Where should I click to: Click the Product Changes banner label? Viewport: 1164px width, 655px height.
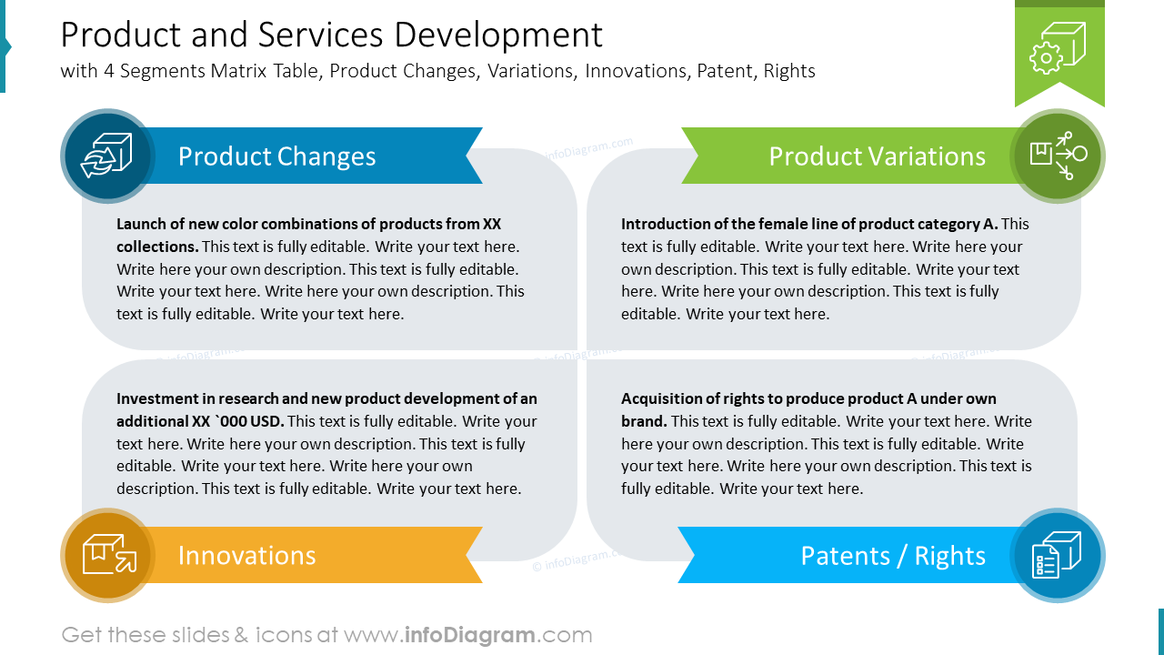276,156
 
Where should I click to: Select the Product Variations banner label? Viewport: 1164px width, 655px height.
877,156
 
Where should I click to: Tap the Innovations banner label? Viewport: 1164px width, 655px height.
246,556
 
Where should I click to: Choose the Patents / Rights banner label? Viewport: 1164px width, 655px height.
892,556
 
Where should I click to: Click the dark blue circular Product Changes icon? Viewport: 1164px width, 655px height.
107,156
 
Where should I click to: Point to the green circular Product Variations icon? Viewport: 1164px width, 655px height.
1058,156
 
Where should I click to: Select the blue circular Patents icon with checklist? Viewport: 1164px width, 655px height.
1057,555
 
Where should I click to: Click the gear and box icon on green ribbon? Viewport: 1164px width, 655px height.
1059,47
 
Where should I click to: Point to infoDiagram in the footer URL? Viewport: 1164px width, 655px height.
468,635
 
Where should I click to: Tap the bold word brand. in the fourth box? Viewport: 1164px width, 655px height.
644,421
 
